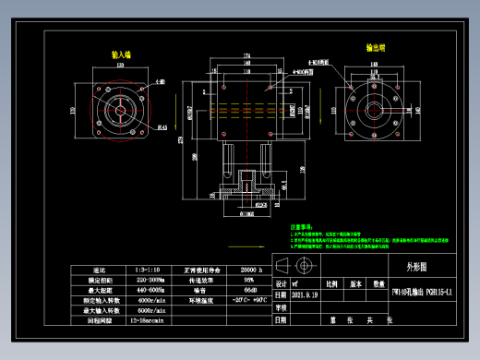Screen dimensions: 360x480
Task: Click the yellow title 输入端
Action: pyautogui.click(x=121, y=54)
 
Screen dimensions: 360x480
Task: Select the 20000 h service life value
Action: pyautogui.click(x=248, y=269)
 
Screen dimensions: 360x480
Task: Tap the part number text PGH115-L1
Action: pyautogui.click(x=421, y=294)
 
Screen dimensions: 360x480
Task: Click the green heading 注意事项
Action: pyautogui.click(x=305, y=225)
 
